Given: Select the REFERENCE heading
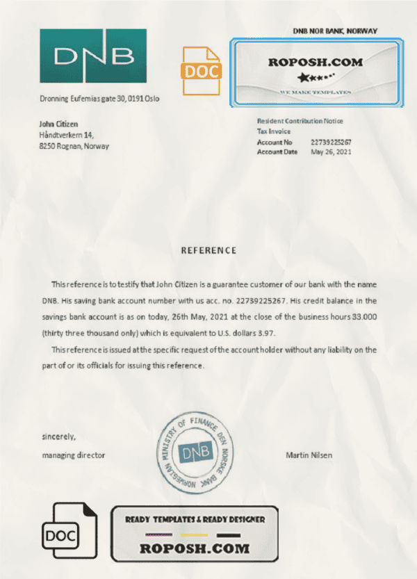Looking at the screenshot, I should pos(208,250).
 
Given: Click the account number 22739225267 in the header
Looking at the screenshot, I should pos(331,142).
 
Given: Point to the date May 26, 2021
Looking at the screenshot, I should pos(332,152).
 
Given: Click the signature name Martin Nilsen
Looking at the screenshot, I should pos(309,455).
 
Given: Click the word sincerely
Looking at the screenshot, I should pos(58,437).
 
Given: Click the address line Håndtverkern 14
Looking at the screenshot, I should pos(67,135).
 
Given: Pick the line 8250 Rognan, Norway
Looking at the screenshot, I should pos(74,146).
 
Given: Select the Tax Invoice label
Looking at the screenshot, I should pos(274,131).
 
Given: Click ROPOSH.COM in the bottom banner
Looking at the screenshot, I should pos(194,549).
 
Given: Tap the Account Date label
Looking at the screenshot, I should pos(277,152).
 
